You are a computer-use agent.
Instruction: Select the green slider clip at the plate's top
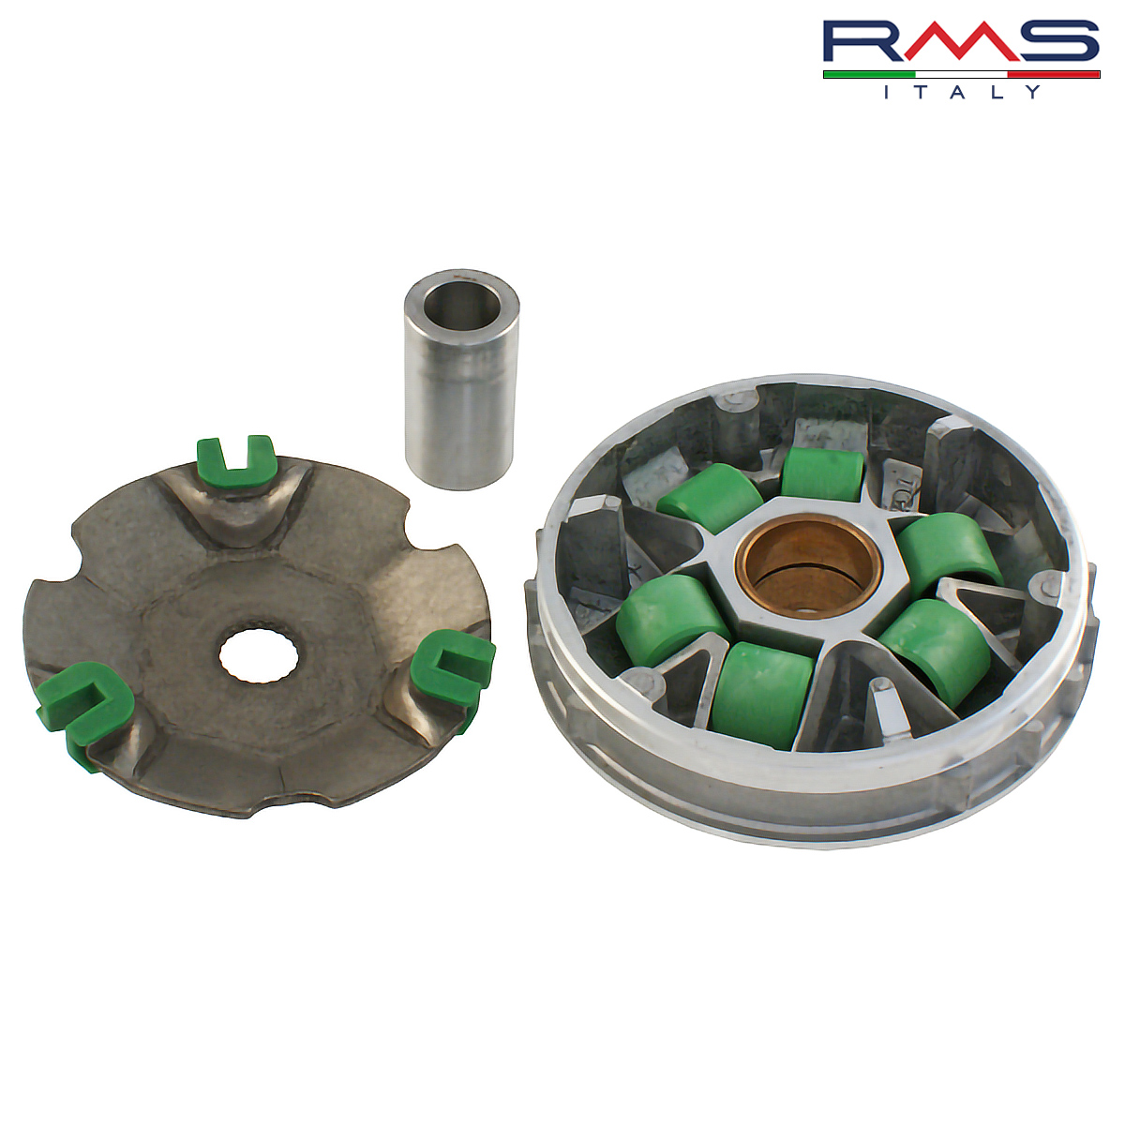[236, 462]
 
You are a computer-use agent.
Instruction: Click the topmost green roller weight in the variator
[823, 476]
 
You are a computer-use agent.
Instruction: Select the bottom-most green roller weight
[762, 695]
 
